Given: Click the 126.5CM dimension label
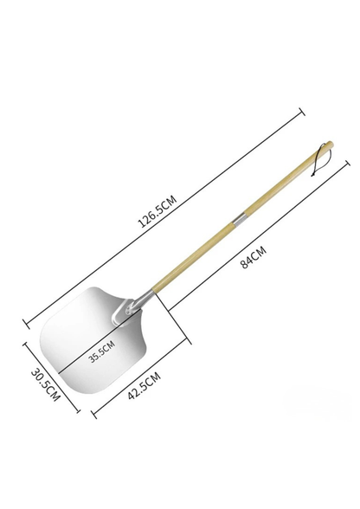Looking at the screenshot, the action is [157, 211].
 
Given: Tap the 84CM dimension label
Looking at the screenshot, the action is [254, 257].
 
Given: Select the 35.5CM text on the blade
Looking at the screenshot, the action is [102, 351].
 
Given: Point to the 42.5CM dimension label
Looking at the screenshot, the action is [145, 386].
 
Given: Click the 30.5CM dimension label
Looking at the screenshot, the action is [46, 384].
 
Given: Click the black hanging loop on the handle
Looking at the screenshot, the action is [318, 160].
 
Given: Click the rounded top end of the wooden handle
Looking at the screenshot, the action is [330, 144].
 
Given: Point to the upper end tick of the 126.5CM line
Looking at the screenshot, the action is [301, 112].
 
